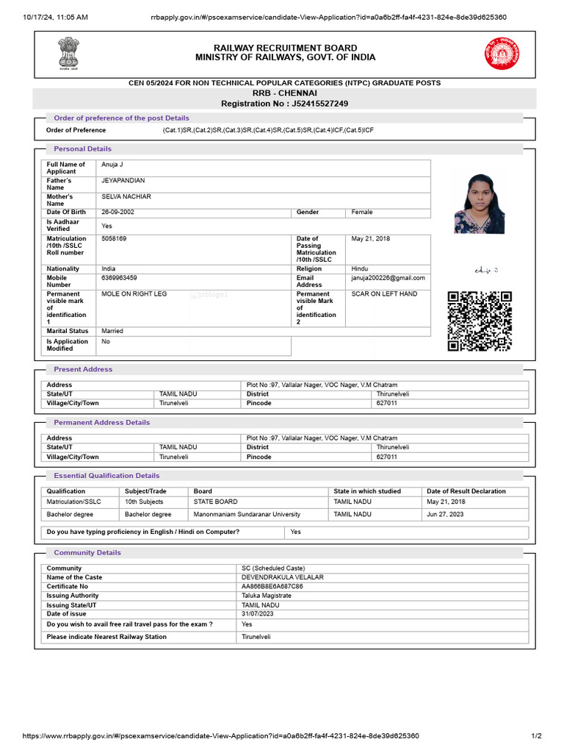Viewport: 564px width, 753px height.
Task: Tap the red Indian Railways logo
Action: [499, 54]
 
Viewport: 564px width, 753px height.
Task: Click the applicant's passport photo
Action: [479, 203]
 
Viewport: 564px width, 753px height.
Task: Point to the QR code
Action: [480, 321]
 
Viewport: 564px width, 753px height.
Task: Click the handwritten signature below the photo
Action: [486, 271]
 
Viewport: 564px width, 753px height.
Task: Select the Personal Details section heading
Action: [82, 149]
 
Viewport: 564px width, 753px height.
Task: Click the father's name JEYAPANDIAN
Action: [123, 180]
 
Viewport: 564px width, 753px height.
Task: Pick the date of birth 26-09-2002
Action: [117, 212]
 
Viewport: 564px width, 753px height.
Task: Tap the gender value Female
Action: [362, 212]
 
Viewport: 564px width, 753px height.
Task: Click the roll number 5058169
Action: [114, 238]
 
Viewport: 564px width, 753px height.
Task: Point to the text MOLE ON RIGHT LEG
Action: [134, 293]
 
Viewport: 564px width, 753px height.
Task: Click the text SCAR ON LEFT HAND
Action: [384, 293]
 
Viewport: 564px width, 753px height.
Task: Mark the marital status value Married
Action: [112, 331]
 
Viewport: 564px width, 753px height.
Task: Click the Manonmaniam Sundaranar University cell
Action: [247, 514]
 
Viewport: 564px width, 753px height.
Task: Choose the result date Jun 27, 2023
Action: [446, 514]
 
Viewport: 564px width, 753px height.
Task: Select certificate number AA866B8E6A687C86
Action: [272, 586]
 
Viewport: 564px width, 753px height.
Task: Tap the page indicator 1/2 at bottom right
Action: [536, 735]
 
